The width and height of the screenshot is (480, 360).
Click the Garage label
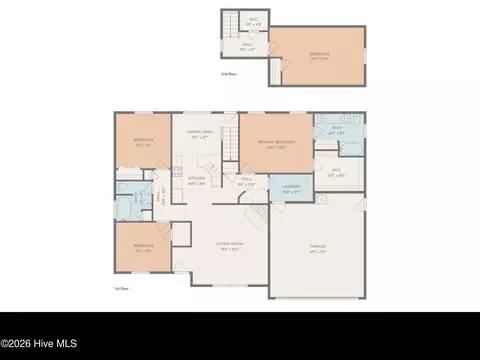tap(319, 246)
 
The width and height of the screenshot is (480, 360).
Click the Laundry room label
tap(291, 188)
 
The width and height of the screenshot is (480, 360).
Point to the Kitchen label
tap(197, 181)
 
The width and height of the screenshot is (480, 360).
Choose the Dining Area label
tap(199, 134)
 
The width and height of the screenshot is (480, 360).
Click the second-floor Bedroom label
tap(319, 55)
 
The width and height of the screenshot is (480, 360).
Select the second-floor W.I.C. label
tap(254, 20)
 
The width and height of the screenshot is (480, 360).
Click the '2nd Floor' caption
tap(230, 74)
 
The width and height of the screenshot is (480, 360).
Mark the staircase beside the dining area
tap(229, 143)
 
